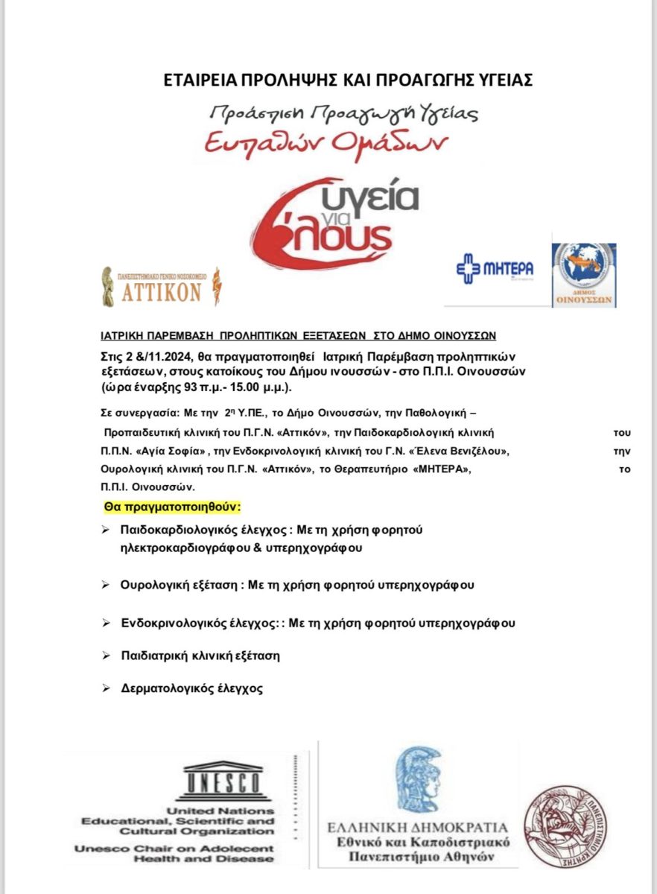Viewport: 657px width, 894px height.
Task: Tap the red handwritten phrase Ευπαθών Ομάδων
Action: [x=326, y=142]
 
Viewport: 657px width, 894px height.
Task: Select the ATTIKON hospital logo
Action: [x=161, y=287]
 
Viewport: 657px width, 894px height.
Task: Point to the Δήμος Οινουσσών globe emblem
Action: [x=583, y=274]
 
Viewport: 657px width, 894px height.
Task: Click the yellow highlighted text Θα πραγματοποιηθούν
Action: [x=172, y=507]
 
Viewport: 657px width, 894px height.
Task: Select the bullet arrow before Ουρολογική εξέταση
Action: [x=105, y=585]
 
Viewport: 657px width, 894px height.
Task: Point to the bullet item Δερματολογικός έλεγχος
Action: [x=191, y=688]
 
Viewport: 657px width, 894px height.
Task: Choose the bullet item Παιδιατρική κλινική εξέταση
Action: [x=200, y=656]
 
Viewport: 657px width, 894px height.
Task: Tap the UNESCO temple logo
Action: [x=223, y=779]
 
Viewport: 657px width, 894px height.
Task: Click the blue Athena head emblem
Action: [x=417, y=779]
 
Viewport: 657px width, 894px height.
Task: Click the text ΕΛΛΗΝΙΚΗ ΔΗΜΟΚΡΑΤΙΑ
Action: [x=417, y=827]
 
